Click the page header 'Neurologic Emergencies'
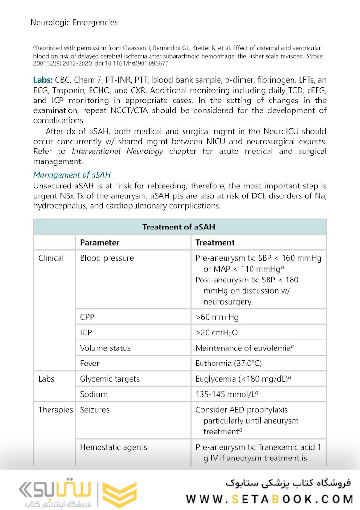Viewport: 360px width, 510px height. tap(74, 22)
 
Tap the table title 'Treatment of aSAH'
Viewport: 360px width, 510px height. tap(179, 227)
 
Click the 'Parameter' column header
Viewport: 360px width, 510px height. tap(100, 243)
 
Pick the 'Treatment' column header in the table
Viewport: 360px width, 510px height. tap(215, 243)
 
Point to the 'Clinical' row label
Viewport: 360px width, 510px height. tap(51, 258)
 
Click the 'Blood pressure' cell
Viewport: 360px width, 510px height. tap(107, 258)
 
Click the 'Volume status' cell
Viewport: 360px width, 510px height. tap(105, 348)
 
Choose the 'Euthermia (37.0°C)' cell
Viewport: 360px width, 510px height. tap(229, 364)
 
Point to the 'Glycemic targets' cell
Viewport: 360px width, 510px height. tap(109, 379)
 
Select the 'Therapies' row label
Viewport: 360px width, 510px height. tap(56, 409)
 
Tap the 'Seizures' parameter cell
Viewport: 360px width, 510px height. tap(94, 409)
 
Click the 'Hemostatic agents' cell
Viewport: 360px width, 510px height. tap(113, 447)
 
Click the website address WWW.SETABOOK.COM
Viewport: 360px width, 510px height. tap(270, 499)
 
